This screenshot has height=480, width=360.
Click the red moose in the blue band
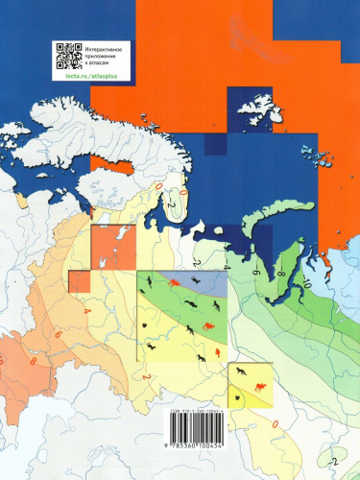[175, 285]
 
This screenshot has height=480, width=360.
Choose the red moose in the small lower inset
[259, 389]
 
